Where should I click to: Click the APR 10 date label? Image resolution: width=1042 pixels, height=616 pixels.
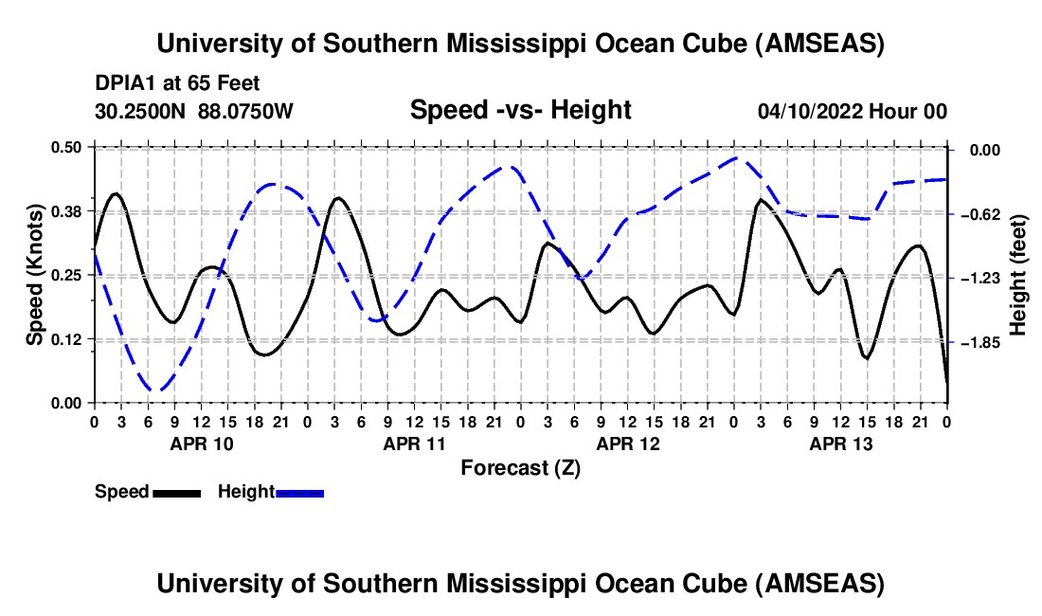201,443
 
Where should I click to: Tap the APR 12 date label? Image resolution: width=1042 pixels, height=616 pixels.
628,443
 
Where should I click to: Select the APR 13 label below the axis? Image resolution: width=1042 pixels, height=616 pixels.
841,443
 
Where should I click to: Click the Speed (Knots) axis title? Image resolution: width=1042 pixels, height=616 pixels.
35,275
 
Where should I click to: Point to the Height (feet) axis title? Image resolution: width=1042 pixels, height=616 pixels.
1019,275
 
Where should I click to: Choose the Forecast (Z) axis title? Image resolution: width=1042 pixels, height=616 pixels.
520,467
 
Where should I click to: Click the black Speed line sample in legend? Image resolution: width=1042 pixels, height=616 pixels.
177,493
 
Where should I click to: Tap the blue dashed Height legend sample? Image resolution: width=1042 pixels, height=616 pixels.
299,493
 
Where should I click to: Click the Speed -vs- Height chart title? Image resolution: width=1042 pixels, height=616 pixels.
520,111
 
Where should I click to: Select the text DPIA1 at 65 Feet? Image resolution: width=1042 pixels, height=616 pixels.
177,83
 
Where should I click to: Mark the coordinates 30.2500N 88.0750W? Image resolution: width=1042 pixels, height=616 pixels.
194,112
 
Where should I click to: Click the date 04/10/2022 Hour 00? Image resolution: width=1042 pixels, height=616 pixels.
853,112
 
